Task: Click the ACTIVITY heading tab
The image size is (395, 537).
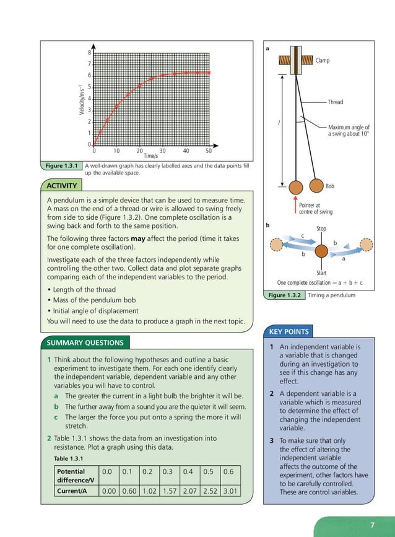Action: [x=62, y=186]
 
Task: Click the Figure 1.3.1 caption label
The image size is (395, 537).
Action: [x=61, y=166]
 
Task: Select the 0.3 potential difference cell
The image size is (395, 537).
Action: [x=168, y=471]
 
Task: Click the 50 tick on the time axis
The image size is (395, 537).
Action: [x=209, y=151]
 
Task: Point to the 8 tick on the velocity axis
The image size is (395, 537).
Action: [x=89, y=53]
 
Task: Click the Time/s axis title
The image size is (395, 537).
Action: [x=151, y=156]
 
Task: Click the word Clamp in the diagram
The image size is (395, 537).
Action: [x=323, y=61]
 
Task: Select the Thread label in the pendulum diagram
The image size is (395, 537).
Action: [x=335, y=102]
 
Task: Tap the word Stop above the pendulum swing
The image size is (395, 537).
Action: [x=321, y=229]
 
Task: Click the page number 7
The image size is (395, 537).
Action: [x=372, y=525]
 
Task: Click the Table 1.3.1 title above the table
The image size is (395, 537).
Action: [x=68, y=458]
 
